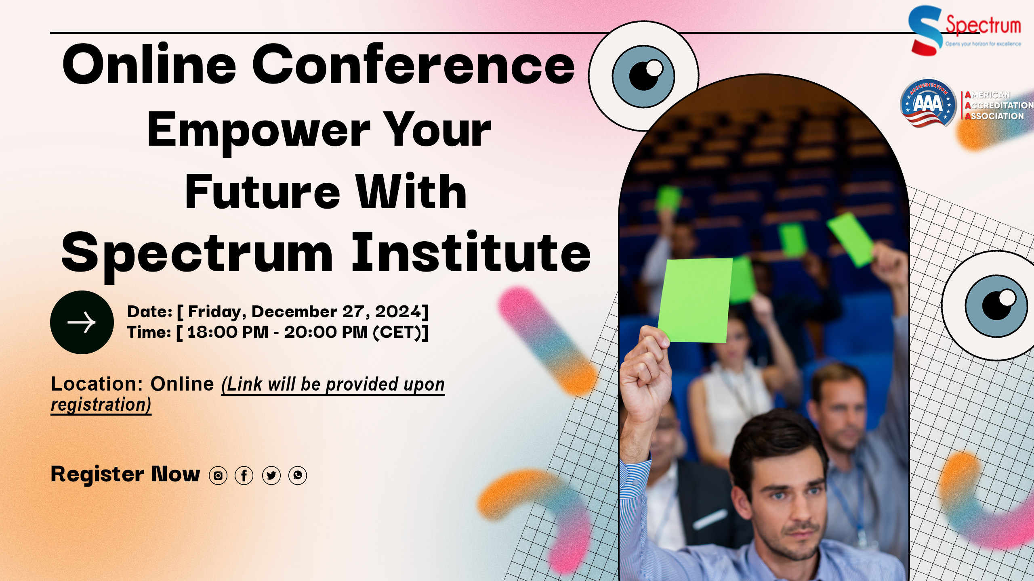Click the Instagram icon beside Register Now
click(x=218, y=475)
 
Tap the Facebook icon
click(x=244, y=475)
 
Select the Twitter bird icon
click(x=271, y=475)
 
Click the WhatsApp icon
click(x=298, y=475)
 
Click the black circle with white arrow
click(x=82, y=322)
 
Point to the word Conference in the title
click(x=413, y=65)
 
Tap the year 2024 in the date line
click(x=398, y=311)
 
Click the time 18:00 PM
click(x=228, y=332)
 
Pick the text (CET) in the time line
click(x=397, y=332)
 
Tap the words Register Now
click(x=125, y=474)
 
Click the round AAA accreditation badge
click(x=928, y=103)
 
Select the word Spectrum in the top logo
click(x=983, y=25)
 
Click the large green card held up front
click(x=696, y=300)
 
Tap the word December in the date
click(x=294, y=311)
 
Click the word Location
click(x=94, y=384)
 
